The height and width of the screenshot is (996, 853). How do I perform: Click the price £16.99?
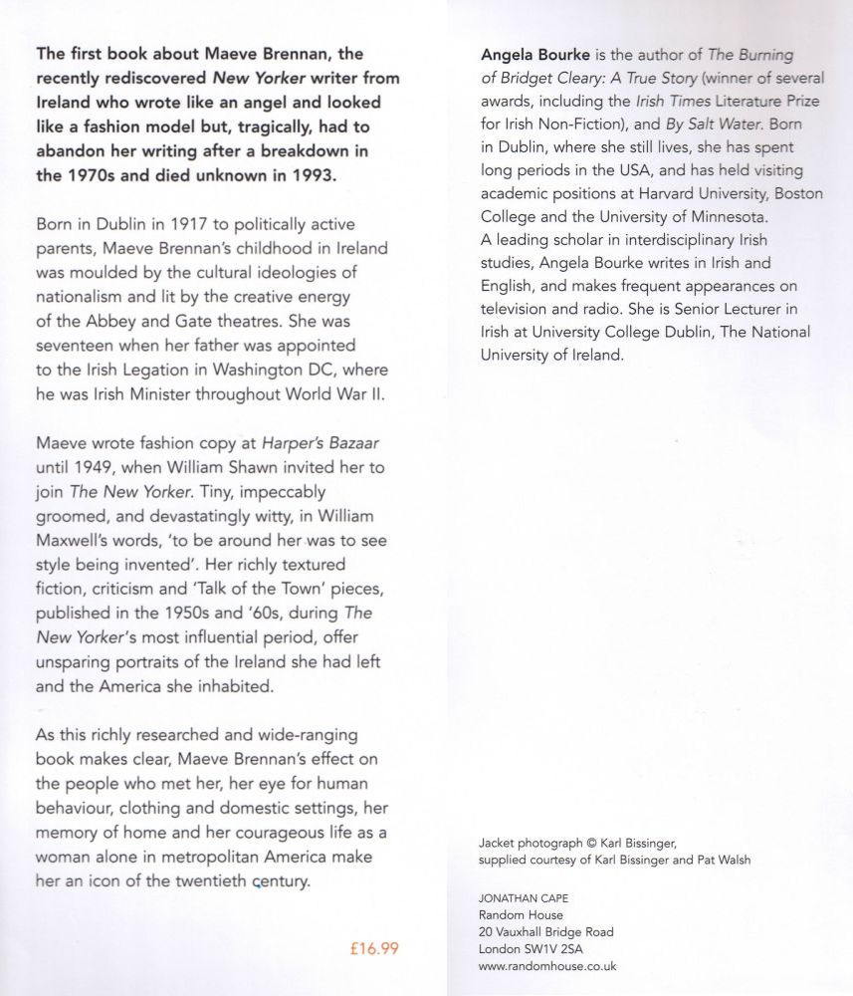click(375, 948)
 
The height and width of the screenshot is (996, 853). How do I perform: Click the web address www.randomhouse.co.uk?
click(547, 965)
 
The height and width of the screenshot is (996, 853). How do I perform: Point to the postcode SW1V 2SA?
click(554, 948)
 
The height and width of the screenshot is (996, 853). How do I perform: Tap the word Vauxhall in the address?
click(522, 931)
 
